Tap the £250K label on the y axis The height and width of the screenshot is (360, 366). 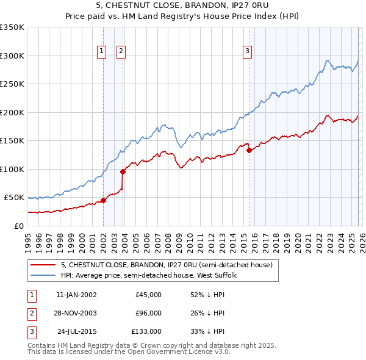tap(12, 84)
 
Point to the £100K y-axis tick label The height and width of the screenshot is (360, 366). tap(12, 169)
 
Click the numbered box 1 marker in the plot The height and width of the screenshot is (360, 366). tap(101, 51)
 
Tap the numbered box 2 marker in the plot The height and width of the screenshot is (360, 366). tap(121, 51)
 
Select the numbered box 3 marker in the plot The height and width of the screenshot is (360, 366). tap(248, 51)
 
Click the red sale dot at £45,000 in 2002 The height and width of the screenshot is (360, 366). tap(103, 200)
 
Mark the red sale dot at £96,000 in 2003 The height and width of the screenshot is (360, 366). tap(123, 171)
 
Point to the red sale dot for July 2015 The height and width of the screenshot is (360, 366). tap(249, 151)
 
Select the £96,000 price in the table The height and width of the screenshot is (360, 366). tap(148, 313)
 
